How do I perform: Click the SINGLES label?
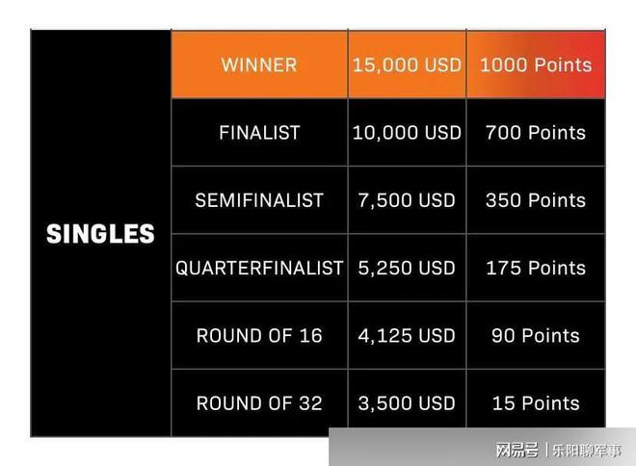(x=100, y=234)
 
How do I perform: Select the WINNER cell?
(x=259, y=65)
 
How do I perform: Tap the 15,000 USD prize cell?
(x=407, y=65)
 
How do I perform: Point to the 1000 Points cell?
(x=536, y=65)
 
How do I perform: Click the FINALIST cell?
(x=259, y=133)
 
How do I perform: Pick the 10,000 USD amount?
(x=407, y=133)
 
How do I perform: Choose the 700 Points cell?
(x=536, y=133)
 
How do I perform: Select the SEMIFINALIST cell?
(x=259, y=200)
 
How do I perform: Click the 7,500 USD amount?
(x=407, y=200)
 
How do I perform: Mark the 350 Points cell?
(x=536, y=200)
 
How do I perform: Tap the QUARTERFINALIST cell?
(x=259, y=268)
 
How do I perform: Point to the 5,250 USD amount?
(x=407, y=268)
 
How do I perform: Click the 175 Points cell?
(x=536, y=268)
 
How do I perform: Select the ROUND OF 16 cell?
(x=259, y=335)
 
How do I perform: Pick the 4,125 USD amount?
(x=407, y=335)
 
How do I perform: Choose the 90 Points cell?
(x=536, y=335)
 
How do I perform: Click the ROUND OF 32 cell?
(x=259, y=403)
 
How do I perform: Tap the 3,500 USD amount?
(x=407, y=403)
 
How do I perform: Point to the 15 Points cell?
(x=536, y=403)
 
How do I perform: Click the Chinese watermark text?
(x=559, y=451)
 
